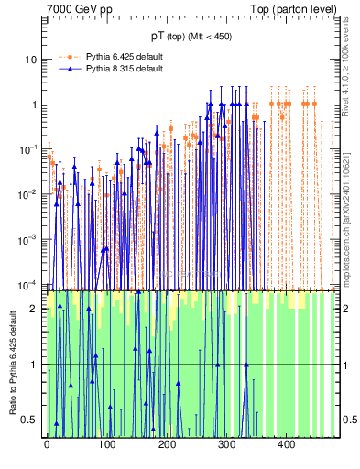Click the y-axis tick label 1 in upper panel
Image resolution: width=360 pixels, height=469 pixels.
coord(34,104)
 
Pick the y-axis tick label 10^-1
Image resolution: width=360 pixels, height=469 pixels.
coord(27,149)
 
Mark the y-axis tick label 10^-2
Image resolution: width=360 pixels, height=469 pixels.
coord(27,194)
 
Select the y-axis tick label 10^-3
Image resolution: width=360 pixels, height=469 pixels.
coord(27,239)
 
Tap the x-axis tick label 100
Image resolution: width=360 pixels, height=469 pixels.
coord(106,444)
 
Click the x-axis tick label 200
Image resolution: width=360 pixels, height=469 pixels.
coord(166,444)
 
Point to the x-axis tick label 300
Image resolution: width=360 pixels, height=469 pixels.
coord(225,444)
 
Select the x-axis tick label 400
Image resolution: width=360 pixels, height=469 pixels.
coord(285,444)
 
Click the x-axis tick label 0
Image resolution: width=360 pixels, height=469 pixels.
coord(47,444)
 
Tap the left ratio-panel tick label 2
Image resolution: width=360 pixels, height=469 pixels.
coord(34,309)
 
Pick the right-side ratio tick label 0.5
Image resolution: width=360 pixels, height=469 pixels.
coord(349,420)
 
